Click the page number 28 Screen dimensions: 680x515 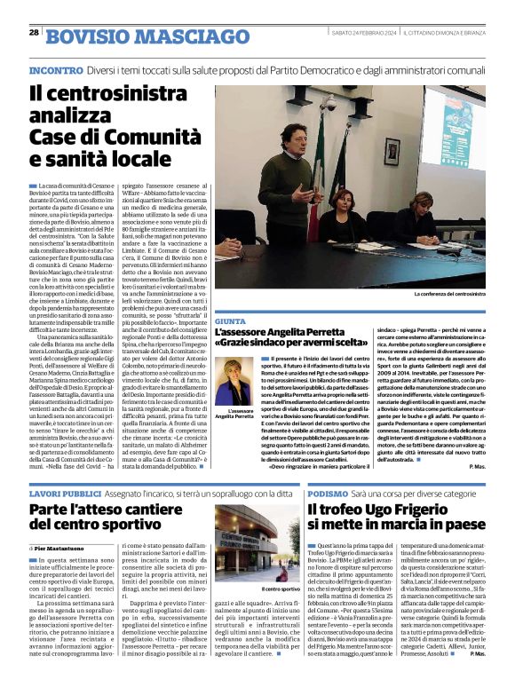pyautogui.click(x=34, y=32)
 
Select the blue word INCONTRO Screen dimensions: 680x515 pyautogui.click(x=57, y=69)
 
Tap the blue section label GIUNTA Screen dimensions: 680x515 pyautogui.click(x=230, y=321)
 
